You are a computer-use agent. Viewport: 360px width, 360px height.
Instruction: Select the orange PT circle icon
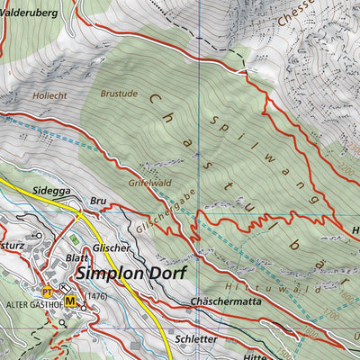click(x=48, y=291)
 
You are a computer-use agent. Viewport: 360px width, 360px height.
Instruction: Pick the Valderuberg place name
click(x=29, y=13)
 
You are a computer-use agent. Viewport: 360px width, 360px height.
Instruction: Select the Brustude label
click(x=119, y=92)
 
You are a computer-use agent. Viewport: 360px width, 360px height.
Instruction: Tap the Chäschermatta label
click(x=225, y=302)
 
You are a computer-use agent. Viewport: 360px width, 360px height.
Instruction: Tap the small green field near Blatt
click(x=74, y=238)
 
